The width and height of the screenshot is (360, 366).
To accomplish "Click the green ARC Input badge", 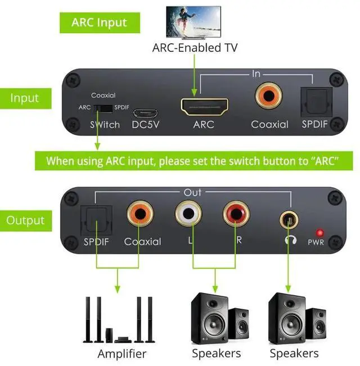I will pos(99,23).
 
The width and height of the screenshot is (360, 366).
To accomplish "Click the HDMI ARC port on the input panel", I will pos(204,106).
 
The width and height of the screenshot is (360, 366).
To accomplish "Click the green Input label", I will pos(25,98).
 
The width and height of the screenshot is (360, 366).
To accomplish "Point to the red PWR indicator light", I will pos(319,232).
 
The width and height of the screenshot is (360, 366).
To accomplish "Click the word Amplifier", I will pos(121,354).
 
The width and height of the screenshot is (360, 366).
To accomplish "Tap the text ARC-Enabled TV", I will pos(195,48).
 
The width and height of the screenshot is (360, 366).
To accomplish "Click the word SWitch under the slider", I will pos(105,125).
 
